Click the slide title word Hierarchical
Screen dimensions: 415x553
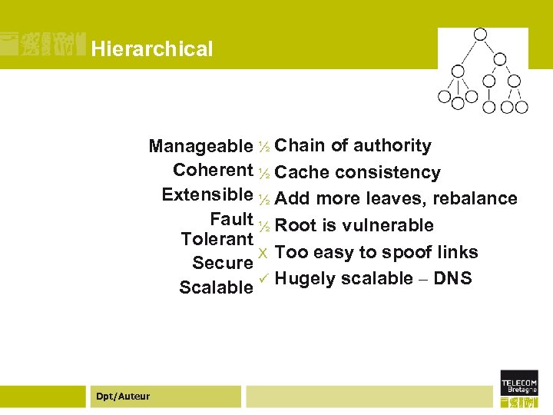pyautogui.click(x=151, y=49)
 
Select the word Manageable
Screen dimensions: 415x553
pyautogui.click(x=200, y=146)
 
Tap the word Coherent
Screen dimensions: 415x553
pyautogui.click(x=214, y=169)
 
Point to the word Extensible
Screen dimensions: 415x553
pyautogui.click(x=207, y=194)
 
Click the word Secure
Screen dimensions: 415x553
pyautogui.click(x=223, y=263)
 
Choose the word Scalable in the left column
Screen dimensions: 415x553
pyautogui.click(x=216, y=287)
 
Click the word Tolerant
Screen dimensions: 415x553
pyautogui.click(x=217, y=239)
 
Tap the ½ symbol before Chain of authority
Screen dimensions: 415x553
pyautogui.click(x=263, y=146)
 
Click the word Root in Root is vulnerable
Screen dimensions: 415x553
pyautogui.click(x=296, y=225)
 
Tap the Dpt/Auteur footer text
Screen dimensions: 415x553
pyautogui.click(x=123, y=397)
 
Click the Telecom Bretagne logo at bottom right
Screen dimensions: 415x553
pyautogui.click(x=519, y=388)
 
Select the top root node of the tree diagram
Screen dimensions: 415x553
pyautogui.click(x=481, y=35)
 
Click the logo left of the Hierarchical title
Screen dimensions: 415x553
pyautogui.click(x=42, y=45)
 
